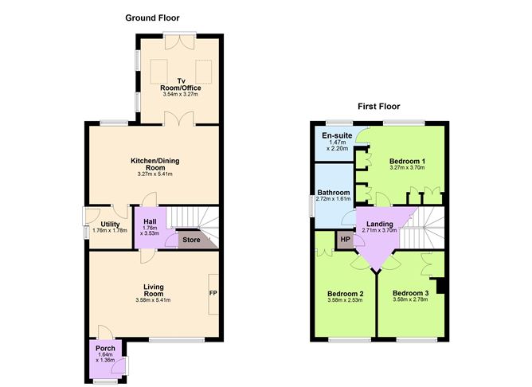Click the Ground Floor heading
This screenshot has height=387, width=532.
pyautogui.click(x=152, y=18)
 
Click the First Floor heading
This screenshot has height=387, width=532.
pyautogui.click(x=378, y=107)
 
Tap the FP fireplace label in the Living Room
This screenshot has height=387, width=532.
pyautogui.click(x=213, y=293)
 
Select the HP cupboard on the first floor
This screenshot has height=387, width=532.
pyautogui.click(x=345, y=240)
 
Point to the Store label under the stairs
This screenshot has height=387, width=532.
pyautogui.click(x=191, y=240)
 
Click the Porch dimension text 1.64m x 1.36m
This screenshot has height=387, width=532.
pyautogui.click(x=105, y=358)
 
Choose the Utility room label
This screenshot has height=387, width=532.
pyautogui.click(x=110, y=225)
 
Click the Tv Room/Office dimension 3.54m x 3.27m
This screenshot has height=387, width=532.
pyautogui.click(x=180, y=94)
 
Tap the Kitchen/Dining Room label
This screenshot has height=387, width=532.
pyautogui.click(x=155, y=164)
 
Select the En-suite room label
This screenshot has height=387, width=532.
pyautogui.click(x=337, y=135)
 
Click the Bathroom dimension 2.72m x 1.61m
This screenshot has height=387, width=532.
pyautogui.click(x=333, y=199)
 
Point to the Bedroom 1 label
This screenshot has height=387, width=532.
pyautogui.click(x=407, y=161)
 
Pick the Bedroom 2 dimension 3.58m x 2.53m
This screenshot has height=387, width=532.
pyautogui.click(x=345, y=300)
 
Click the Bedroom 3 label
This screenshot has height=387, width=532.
pyautogui.click(x=410, y=293)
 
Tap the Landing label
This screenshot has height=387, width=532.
pyautogui.click(x=380, y=224)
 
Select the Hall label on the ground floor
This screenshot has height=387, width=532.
pyautogui.click(x=150, y=221)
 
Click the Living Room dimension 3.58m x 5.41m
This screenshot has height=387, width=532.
pyautogui.click(x=153, y=300)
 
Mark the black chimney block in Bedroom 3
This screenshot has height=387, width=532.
pyautogui.click(x=440, y=286)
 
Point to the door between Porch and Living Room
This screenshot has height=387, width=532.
pyautogui.click(x=105, y=332)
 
